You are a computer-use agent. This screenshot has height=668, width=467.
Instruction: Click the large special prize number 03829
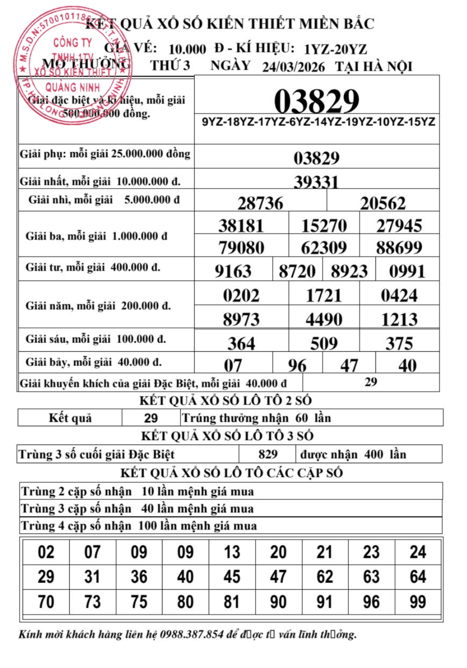coord(317,101)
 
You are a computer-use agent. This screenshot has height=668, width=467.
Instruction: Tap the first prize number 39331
coord(316,182)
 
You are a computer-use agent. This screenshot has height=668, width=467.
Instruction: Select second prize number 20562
coord(383,204)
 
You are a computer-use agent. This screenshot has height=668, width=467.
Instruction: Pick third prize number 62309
coord(324,248)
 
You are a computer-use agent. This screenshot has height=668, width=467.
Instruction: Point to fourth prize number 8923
coord(349,271)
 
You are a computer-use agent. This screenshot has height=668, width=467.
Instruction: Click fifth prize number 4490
coord(324,320)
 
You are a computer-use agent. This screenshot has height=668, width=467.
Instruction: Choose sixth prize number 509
coord(324,343)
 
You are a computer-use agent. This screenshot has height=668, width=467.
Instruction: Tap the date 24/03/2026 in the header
coord(293,67)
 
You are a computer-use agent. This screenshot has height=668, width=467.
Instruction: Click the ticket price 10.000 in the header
coord(187,49)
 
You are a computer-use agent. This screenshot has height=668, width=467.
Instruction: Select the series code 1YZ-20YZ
coord(335,49)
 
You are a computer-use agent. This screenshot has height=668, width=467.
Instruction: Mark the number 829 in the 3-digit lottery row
coord(268,454)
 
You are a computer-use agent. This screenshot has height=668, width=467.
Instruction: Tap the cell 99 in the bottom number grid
coord(418,602)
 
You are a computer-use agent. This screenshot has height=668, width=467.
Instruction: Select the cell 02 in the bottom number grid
coord(46,552)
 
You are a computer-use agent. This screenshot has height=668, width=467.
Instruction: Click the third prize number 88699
coord(399,248)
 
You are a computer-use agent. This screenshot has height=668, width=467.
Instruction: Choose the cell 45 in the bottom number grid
coord(232,577)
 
